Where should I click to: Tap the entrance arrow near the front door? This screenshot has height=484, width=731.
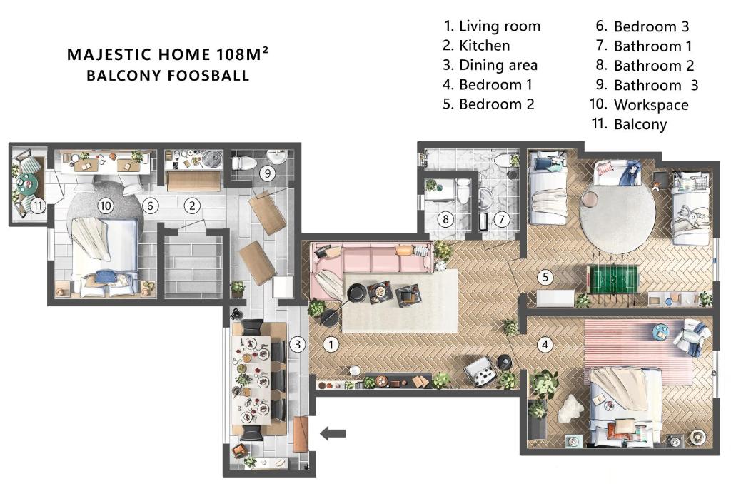tap(333, 433)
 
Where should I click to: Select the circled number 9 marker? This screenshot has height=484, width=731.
tap(268, 173)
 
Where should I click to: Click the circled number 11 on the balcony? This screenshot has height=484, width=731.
tap(38, 205)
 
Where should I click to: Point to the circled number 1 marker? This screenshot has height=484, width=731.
tap(331, 345)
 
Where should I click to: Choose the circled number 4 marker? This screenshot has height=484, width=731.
tap(545, 345)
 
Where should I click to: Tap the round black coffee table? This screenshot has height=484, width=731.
tap(357, 293)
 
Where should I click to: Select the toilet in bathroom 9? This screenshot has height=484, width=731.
tap(244, 163)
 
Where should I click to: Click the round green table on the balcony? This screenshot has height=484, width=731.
tap(26, 183)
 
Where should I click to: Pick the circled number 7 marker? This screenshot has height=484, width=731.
tap(502, 219)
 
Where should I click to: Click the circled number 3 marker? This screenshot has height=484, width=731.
tap(298, 345)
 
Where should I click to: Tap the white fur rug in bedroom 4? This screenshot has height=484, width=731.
tap(570, 409)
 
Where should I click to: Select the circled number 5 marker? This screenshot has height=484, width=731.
tap(545, 277)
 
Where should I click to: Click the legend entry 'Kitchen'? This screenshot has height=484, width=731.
tap(485, 45)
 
